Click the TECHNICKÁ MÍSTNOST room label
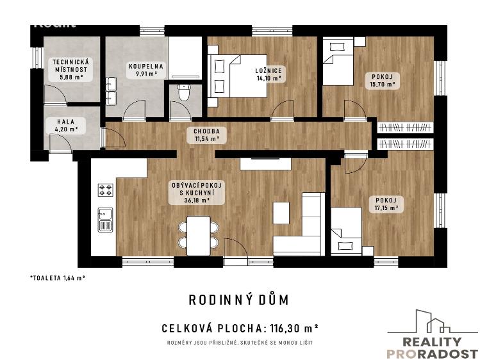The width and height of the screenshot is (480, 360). coord(72,68)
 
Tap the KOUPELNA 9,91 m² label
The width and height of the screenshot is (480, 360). coord(145,69)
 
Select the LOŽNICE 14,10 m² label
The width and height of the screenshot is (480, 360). coord(269,74)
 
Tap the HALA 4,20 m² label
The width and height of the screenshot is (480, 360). coord(67,125)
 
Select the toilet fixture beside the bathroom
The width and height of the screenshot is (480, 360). coord(185,94)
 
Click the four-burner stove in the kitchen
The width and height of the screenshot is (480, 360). coord(105,190)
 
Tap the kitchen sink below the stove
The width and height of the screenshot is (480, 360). coord(105,219)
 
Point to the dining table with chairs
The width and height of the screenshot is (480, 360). coord(199,233)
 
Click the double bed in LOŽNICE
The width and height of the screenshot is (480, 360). coord(231,75)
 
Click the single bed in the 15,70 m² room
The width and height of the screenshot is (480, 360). coord(337,61)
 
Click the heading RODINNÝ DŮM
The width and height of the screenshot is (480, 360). coord(239,299)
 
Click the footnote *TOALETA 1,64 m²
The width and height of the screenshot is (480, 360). coord(58,277)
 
